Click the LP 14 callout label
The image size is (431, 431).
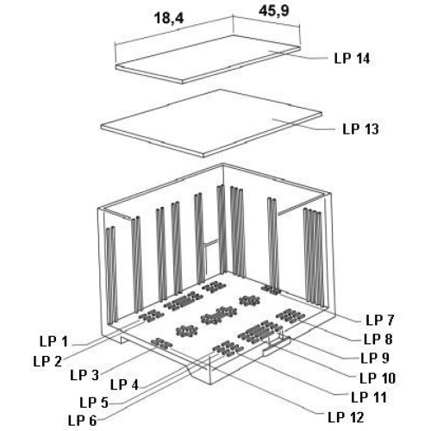[352, 59]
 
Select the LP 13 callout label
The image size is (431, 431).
[360, 129]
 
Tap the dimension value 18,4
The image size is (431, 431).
[169, 18]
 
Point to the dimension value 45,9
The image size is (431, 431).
[274, 11]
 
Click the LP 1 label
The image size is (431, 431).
[53, 341]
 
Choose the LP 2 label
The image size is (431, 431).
[47, 361]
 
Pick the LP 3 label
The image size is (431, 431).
[84, 375]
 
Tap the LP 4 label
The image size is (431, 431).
[125, 384]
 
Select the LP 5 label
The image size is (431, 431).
[94, 403]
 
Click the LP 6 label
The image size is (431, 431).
[83, 421]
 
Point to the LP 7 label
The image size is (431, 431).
[380, 320]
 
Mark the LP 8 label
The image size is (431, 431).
[378, 340]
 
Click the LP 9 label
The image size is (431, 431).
[375, 359]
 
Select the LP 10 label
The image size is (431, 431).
[378, 378]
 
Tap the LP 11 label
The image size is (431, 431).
[369, 397]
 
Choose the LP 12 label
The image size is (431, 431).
[347, 417]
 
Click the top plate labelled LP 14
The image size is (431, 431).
[208, 59]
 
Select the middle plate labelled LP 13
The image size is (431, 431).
[211, 123]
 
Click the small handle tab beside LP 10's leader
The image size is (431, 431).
[277, 346]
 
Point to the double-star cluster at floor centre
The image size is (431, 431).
[219, 315]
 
